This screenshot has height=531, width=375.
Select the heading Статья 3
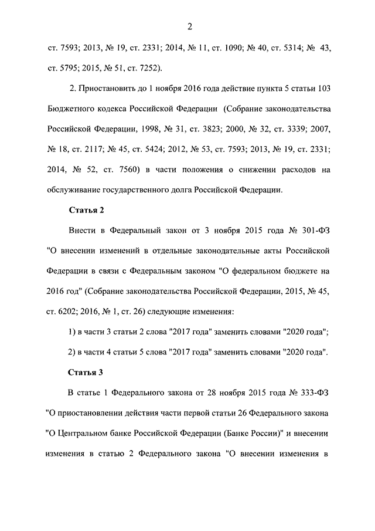[86, 372]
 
